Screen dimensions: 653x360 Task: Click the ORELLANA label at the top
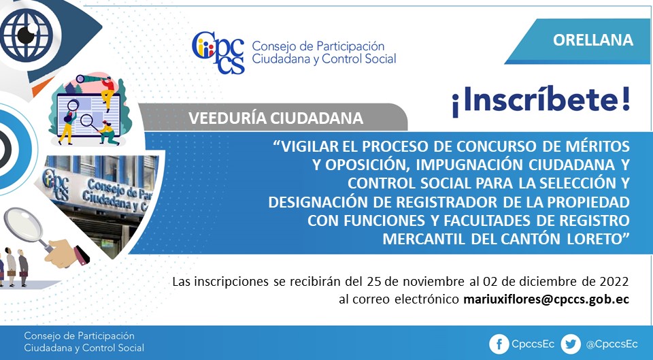(593, 39)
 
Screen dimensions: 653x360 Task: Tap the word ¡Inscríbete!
(541, 101)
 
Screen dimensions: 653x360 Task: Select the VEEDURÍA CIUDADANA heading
(275, 118)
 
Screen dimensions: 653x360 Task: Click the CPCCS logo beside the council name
(218, 52)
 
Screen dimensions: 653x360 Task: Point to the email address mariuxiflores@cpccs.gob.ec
(546, 299)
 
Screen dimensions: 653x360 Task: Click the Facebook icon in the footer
(499, 344)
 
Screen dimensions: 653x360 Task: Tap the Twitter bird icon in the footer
(570, 344)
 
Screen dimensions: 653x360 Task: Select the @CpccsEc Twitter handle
(612, 344)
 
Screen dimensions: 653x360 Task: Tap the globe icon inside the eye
(27, 34)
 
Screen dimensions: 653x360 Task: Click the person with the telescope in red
(107, 92)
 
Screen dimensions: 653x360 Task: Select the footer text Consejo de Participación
(79, 336)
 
